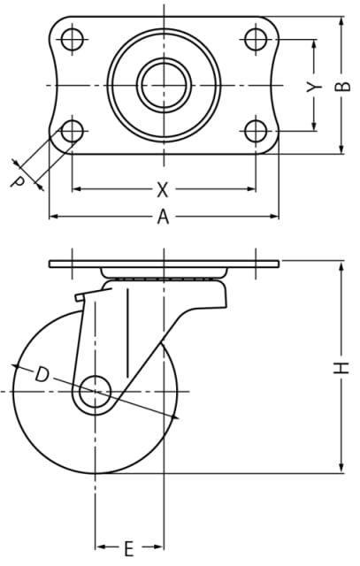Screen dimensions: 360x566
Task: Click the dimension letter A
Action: [x=164, y=217]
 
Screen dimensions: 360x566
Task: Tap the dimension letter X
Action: [x=163, y=189]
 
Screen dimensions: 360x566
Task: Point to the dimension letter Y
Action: [x=313, y=87]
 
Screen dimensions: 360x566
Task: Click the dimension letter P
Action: [x=17, y=180]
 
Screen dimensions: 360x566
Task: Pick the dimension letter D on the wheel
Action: [x=42, y=374]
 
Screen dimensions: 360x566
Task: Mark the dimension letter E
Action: [x=129, y=548]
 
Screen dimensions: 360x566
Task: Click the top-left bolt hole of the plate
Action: [x=73, y=39]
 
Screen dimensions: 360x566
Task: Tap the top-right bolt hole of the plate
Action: [x=256, y=39]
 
